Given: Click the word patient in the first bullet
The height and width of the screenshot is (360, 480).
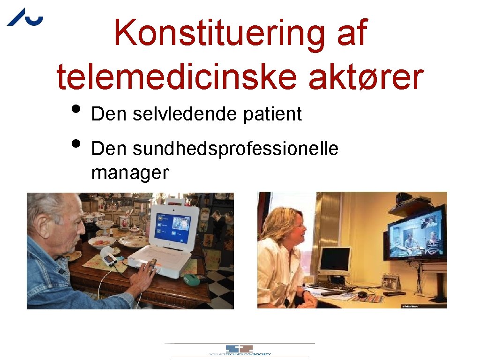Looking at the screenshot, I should coord(272,114).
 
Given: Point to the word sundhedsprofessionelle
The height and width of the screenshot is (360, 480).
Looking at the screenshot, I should coord(235,149).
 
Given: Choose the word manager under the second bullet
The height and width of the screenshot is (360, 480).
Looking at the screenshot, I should coord(130,172).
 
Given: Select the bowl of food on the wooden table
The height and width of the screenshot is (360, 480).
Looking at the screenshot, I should coord(102,242).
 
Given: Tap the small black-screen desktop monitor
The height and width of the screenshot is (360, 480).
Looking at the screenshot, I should coord(334,260).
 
